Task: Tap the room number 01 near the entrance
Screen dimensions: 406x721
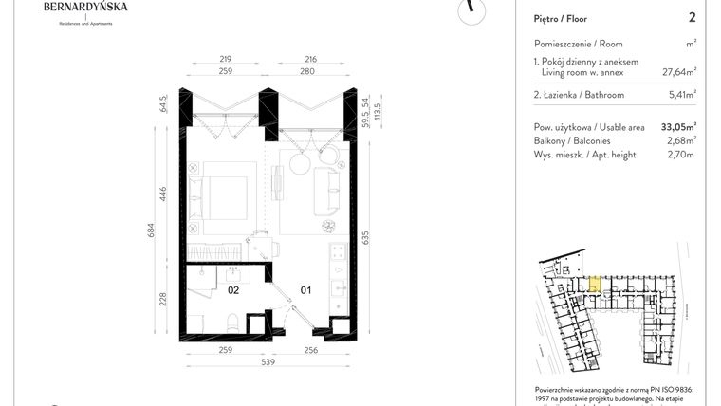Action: (305, 291)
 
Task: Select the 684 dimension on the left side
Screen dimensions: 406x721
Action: (150, 230)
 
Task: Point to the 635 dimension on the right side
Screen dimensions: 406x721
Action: (364, 238)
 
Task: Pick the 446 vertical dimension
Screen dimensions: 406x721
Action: (163, 194)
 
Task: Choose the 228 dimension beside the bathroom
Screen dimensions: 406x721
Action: (163, 300)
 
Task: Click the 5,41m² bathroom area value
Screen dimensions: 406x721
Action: (682, 95)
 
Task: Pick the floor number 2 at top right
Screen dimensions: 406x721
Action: (693, 17)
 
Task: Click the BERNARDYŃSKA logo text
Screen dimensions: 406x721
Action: (86, 8)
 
